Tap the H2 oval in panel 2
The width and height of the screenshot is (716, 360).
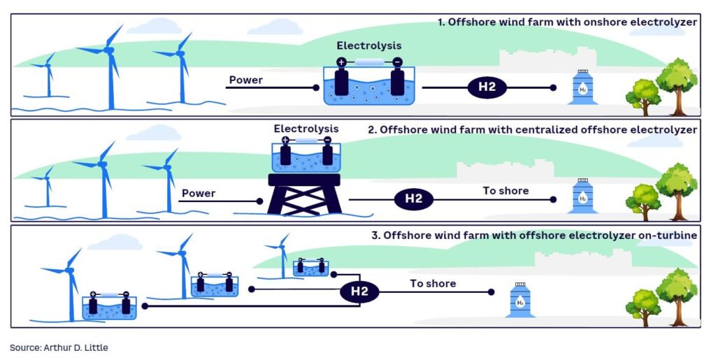coord(414,199)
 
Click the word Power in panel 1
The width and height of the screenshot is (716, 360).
coord(246,80)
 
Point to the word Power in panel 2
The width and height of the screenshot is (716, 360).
coord(199,193)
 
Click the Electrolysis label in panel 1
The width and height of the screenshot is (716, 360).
coord(369,46)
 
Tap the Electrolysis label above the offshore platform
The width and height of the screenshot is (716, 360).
coord(306,129)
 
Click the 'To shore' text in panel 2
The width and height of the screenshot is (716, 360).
coord(506,191)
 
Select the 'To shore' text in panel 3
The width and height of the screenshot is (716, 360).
coord(433,283)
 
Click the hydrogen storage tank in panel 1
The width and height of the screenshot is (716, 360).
coord(582,87)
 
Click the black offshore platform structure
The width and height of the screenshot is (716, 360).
coord(304,194)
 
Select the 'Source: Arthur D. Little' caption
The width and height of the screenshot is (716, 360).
coord(59,347)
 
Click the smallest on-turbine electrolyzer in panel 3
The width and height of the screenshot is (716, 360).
coord(310,267)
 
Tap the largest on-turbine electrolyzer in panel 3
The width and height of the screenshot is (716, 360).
coord(109,305)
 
